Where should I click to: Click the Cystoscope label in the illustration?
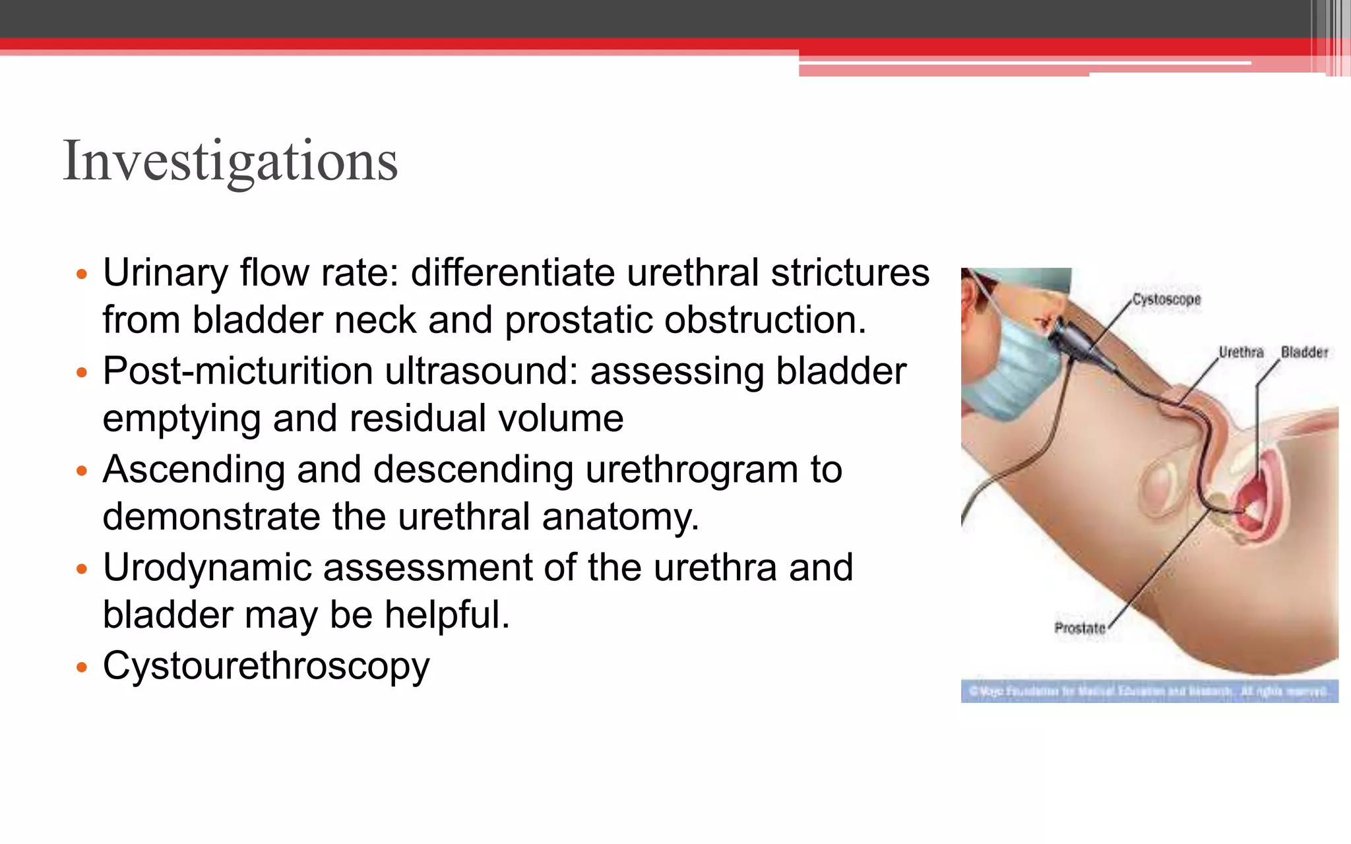(x=1166, y=299)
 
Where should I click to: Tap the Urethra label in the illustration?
(x=1240, y=352)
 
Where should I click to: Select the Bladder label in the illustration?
(x=1304, y=352)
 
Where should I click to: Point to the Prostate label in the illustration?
(x=1079, y=628)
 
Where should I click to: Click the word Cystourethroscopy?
(x=266, y=665)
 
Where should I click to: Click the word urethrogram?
(x=691, y=469)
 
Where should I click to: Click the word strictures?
(x=850, y=273)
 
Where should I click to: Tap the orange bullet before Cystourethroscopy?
(x=82, y=668)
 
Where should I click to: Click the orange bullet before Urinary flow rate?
(x=82, y=274)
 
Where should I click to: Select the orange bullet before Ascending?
(x=82, y=471)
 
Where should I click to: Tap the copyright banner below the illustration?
(x=1148, y=691)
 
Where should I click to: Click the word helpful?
(x=447, y=615)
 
